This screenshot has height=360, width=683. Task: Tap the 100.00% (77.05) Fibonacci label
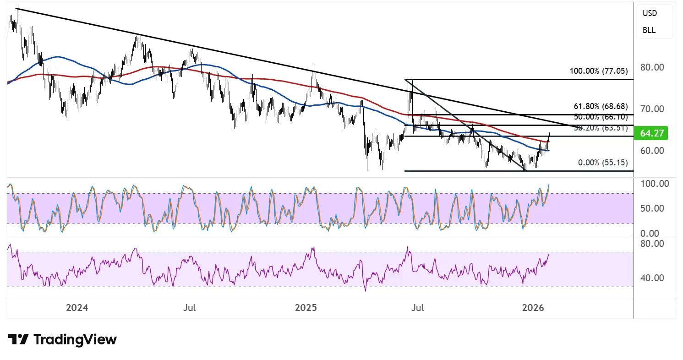click(x=598, y=71)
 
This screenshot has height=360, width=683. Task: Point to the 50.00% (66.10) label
click(x=601, y=117)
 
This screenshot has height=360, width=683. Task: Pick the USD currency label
click(x=650, y=13)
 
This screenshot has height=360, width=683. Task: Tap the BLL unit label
click(x=649, y=31)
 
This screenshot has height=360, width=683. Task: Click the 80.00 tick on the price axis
click(x=652, y=67)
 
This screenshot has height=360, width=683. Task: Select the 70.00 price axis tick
click(x=652, y=109)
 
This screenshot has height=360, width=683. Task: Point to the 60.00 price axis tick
click(x=652, y=151)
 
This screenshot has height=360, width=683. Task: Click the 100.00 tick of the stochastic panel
click(x=654, y=184)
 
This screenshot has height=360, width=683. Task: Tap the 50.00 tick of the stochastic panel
click(x=652, y=208)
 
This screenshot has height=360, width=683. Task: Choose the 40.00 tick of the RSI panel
click(x=652, y=278)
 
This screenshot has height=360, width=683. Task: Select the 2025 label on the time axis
click(x=306, y=308)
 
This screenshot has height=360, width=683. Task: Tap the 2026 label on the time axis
click(x=533, y=308)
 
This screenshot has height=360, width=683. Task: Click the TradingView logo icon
click(x=18, y=339)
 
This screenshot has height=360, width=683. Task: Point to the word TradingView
click(x=75, y=339)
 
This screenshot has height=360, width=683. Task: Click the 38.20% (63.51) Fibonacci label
click(x=601, y=128)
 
